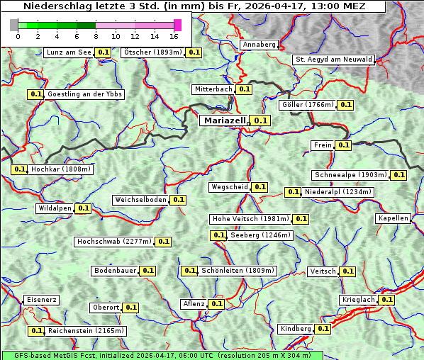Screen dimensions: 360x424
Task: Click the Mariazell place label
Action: pos(224,121)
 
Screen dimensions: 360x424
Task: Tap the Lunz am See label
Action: pos(68,52)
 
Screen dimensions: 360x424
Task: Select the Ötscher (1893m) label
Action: pos(152,52)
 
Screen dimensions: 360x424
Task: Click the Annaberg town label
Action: pos(259,45)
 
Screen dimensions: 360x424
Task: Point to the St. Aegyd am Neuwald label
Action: pos(333,60)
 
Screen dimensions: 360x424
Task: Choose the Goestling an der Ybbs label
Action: pos(84,94)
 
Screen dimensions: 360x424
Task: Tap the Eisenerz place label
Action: pos(40,300)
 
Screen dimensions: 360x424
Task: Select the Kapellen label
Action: pos(394,218)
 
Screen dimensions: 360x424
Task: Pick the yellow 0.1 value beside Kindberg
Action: pos(323,329)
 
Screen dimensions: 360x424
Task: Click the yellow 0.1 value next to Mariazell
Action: pos(261,121)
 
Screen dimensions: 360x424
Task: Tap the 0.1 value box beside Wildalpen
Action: pos(83,208)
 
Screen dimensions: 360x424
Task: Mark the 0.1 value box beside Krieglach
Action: pos(386,300)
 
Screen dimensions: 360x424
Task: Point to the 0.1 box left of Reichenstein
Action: pos(36,331)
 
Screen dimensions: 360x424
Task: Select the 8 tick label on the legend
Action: pos(96,36)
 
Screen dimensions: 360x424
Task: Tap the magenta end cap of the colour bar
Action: pos(177,25)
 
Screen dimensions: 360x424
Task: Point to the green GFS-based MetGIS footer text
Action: pos(162,355)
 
